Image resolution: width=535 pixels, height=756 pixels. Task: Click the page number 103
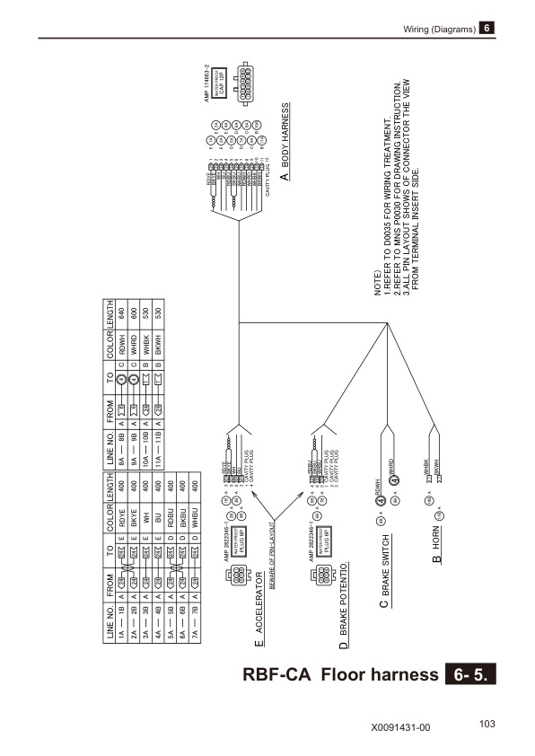click(488, 723)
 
